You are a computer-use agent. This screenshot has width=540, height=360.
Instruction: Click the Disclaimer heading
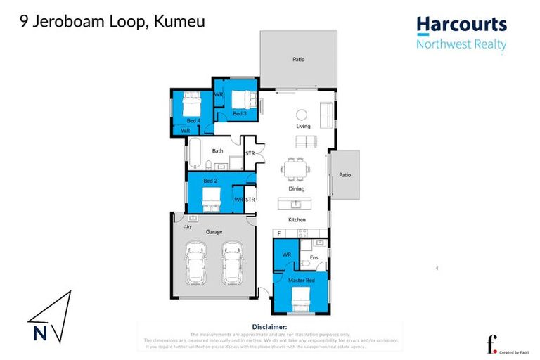click(269, 327)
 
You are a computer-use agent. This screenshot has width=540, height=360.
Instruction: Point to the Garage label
click(214, 231)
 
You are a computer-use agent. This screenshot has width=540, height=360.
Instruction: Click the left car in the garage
click(195, 264)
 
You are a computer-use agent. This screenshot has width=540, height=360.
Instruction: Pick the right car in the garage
click(231, 264)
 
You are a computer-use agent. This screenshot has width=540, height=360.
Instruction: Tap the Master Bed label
click(302, 281)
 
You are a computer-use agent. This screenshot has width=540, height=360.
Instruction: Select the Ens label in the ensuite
click(314, 257)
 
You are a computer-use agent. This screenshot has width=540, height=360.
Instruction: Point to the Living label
click(303, 127)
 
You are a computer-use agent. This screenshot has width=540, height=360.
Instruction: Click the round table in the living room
click(301, 115)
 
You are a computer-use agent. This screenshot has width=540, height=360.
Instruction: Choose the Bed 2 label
click(209, 181)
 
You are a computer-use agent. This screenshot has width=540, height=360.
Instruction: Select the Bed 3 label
click(239, 113)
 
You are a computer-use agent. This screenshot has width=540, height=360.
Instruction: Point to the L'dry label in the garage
click(187, 226)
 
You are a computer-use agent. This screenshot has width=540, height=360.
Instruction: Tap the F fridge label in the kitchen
click(278, 233)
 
